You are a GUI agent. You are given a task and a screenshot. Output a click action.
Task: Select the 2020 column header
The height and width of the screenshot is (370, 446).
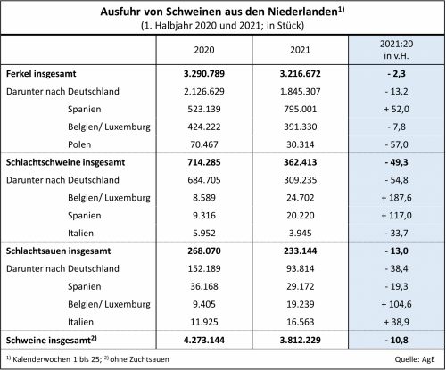(x=204, y=50)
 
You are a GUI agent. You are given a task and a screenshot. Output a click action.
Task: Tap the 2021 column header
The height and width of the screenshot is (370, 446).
(x=300, y=50)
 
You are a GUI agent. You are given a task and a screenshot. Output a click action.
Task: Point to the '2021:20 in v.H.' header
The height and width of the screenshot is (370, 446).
(x=396, y=50)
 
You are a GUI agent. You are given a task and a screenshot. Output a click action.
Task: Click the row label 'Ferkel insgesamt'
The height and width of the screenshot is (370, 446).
(x=41, y=74)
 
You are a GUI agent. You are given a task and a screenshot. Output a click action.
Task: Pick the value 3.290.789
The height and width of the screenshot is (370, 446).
(x=204, y=73)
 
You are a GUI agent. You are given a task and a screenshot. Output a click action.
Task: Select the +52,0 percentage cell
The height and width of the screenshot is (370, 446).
(x=396, y=109)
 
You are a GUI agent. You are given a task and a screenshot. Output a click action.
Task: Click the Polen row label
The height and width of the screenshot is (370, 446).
(x=79, y=144)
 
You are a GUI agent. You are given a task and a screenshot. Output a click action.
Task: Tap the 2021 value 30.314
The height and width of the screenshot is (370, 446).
(x=300, y=144)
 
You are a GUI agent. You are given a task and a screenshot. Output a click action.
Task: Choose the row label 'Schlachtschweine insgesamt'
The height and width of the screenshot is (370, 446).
(x=65, y=162)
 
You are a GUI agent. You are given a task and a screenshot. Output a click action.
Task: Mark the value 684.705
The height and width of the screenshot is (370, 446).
(x=204, y=180)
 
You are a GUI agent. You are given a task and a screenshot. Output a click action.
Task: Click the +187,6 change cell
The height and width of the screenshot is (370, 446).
(x=396, y=198)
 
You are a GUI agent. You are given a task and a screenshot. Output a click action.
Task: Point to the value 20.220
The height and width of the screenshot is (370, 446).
(x=300, y=216)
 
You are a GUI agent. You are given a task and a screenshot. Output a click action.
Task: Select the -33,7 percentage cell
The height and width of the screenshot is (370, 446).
(x=396, y=234)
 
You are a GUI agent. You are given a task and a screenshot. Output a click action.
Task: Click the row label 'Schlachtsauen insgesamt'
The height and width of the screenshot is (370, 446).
(x=58, y=251)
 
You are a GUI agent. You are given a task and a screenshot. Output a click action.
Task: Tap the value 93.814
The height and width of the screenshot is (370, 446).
(x=300, y=268)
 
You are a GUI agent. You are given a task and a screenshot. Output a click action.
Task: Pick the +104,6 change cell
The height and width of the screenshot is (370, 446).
(x=396, y=304)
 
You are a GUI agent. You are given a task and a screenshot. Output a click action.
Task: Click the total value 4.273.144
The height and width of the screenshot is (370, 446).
(x=204, y=340)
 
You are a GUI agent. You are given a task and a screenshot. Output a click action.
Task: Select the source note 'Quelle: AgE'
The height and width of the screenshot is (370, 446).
(x=415, y=359)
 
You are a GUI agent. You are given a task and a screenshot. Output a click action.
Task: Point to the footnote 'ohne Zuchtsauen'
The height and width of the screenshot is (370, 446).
(x=139, y=359)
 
